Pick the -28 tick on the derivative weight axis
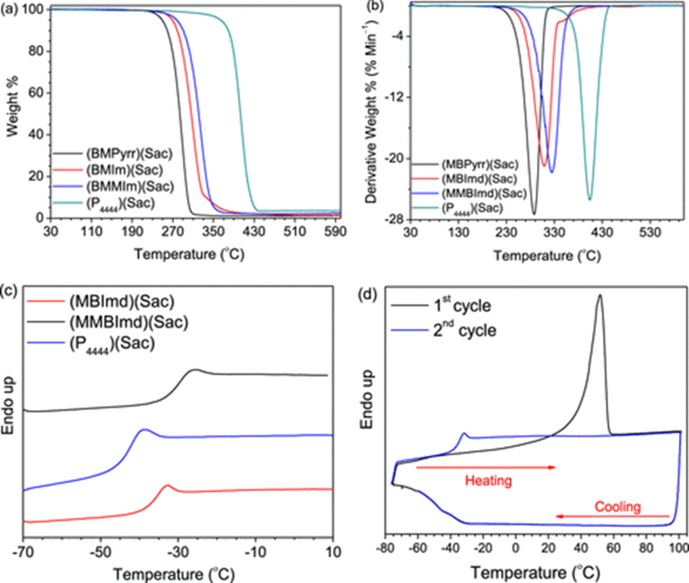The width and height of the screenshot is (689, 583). coord(392,219)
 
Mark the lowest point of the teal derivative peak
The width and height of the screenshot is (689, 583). coord(589,199)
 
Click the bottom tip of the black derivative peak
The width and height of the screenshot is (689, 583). coord(534,214)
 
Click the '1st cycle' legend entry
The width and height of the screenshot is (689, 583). coord(462,306)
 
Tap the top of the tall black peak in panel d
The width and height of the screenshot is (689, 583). coord(600,295)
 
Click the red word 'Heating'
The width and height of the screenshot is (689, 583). coord(488,481)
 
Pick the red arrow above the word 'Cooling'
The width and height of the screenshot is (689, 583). coord(612,516)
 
